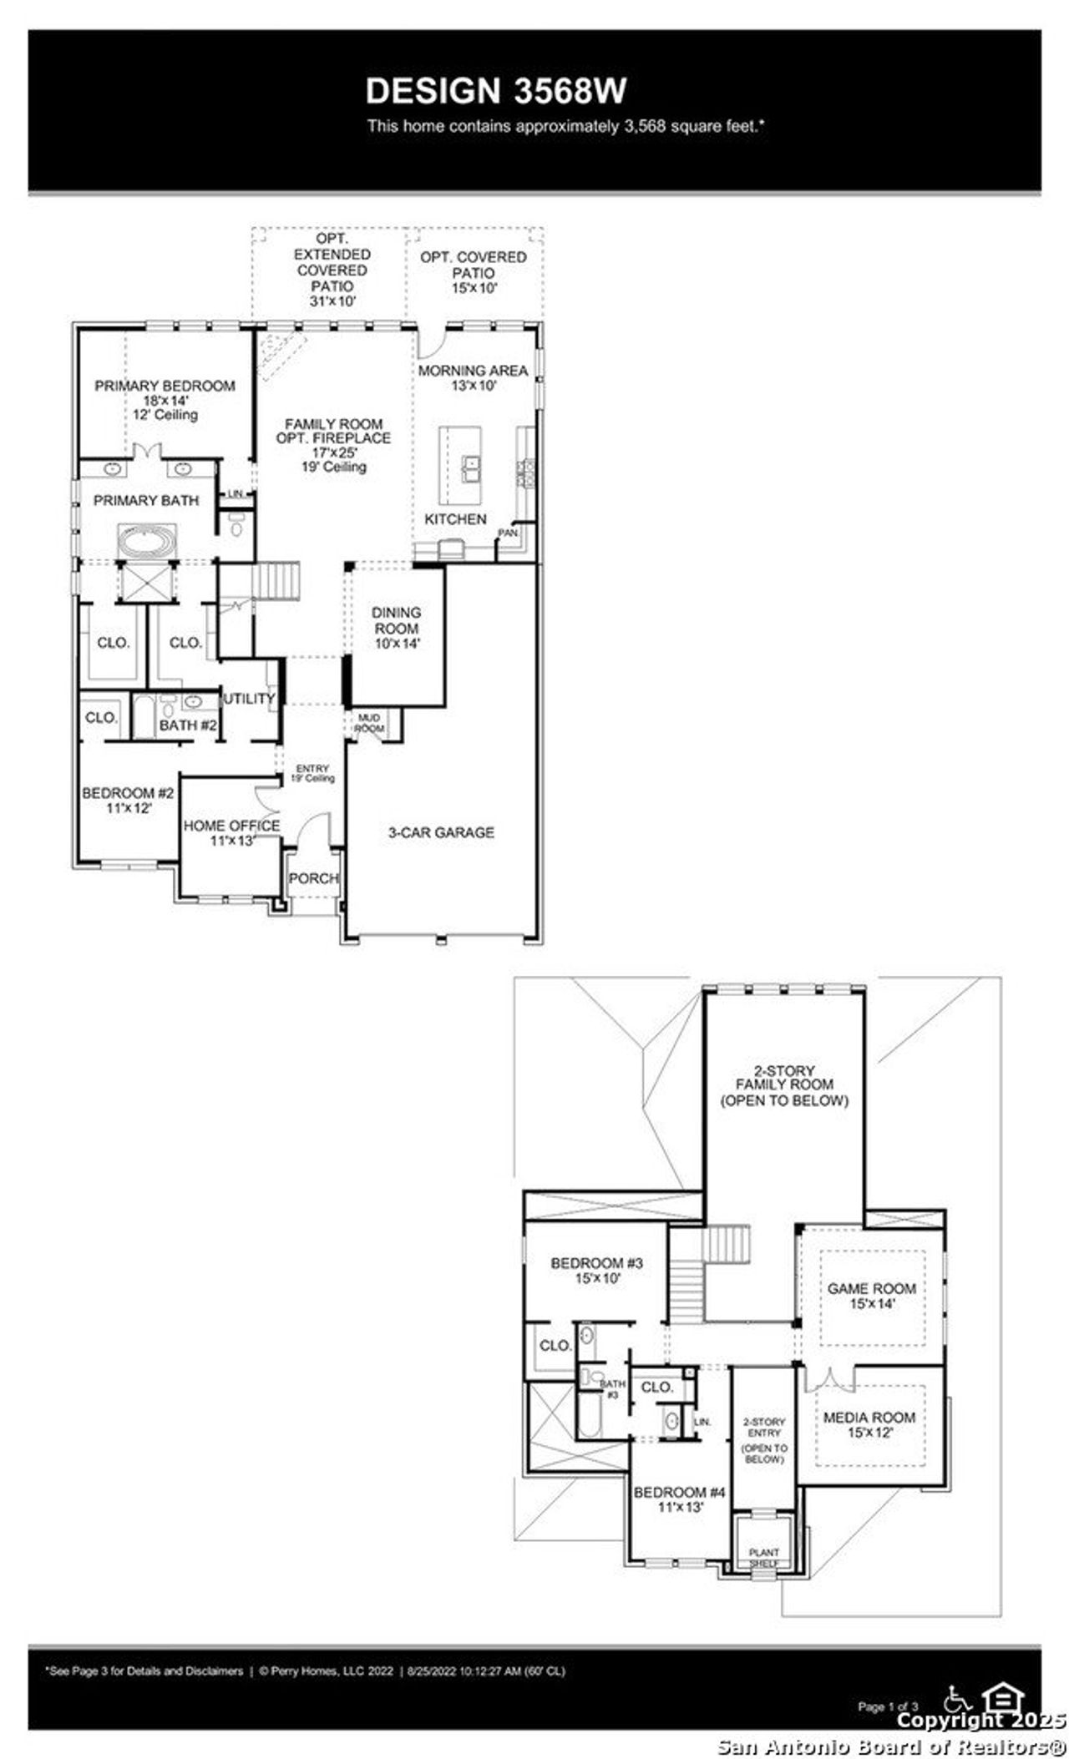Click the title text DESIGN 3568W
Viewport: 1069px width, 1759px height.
(496, 91)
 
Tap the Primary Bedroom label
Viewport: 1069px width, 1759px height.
(165, 399)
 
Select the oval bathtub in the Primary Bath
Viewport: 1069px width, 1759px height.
(147, 540)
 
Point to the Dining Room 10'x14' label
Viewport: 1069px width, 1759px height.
(397, 628)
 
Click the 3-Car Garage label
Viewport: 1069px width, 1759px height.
(441, 832)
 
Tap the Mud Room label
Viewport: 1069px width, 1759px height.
(369, 723)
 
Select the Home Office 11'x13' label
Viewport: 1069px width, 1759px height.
(231, 832)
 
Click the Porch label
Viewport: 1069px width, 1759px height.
(313, 878)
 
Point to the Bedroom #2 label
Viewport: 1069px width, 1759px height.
(128, 800)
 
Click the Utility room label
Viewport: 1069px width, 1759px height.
(249, 698)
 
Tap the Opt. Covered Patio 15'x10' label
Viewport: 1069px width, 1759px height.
(474, 272)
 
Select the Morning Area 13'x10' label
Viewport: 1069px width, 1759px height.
(473, 377)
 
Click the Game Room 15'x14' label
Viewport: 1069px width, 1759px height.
(872, 1295)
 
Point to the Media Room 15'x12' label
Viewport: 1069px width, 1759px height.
(869, 1423)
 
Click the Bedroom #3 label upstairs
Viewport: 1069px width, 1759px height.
(596, 1270)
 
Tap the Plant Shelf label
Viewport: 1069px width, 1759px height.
(763, 1558)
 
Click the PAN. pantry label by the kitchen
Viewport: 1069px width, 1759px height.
(508, 533)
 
